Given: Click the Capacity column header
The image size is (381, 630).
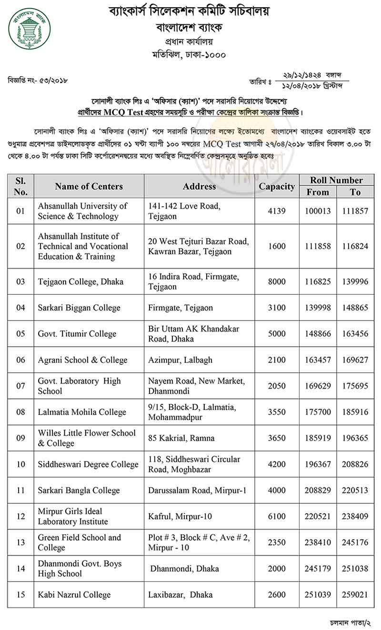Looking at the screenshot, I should point(277,187).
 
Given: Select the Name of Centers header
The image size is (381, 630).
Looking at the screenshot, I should point(89,187).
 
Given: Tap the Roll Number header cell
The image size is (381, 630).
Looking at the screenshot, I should point(336,180).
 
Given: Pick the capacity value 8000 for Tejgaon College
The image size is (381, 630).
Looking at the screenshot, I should point(277,282).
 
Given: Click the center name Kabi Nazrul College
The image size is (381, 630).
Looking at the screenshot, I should point(74,595).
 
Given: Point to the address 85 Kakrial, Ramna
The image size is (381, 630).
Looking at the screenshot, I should point(181,438).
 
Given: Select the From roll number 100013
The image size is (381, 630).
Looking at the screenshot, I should point(318,211).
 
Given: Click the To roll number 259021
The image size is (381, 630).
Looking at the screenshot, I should point(355,595).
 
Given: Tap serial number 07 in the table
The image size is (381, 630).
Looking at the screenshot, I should point(20,386).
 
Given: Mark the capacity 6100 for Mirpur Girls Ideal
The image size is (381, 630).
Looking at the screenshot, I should point(277,517).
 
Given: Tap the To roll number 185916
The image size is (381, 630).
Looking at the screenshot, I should point(355,412).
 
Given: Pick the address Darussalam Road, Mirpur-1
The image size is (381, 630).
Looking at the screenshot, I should point(197,490).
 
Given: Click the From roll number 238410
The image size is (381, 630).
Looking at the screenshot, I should point(318,542).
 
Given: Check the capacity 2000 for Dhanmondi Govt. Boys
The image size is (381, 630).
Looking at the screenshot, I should point(277,569).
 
